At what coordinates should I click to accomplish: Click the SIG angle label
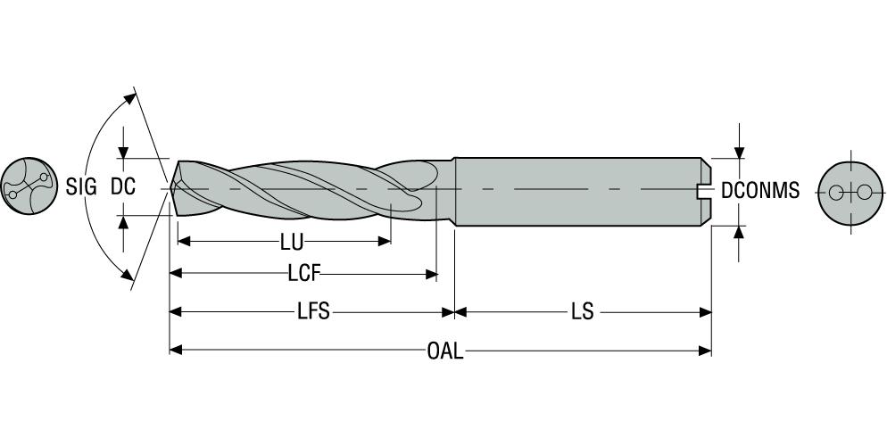click(80, 188)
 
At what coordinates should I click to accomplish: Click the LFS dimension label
click(313, 312)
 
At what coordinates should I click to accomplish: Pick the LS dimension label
click(584, 312)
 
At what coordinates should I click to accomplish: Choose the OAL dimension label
click(444, 351)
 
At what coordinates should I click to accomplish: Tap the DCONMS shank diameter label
click(759, 190)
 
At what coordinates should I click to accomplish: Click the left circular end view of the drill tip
click(25, 188)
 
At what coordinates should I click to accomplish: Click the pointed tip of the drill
click(171, 188)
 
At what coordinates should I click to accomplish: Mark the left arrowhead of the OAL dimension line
click(176, 350)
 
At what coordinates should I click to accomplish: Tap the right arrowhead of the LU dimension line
click(385, 241)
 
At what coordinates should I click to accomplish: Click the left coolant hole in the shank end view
click(836, 193)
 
